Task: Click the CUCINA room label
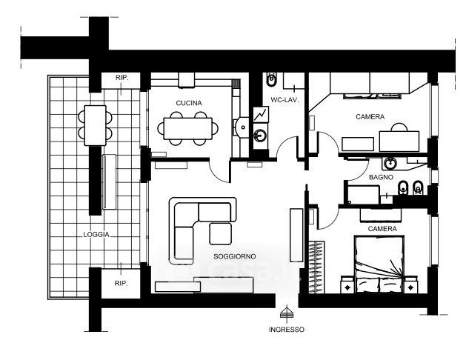(x=189, y=102)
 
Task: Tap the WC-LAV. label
(x=284, y=99)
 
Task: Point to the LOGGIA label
(x=97, y=234)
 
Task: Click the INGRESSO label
(x=287, y=329)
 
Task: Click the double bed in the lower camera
(x=382, y=263)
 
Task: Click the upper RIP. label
(x=122, y=77)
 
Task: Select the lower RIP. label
(x=121, y=283)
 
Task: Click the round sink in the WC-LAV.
(x=260, y=136)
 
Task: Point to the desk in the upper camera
(x=400, y=139)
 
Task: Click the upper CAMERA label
(x=369, y=117)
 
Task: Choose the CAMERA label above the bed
(x=382, y=229)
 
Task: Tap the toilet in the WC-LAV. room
(x=272, y=78)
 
